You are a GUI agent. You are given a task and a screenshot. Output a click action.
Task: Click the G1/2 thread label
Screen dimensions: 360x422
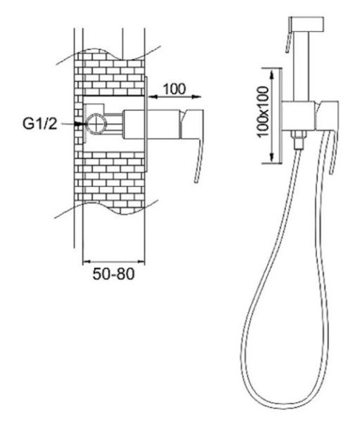tap(40, 124)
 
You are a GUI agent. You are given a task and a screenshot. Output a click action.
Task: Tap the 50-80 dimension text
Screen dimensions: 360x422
tap(113, 274)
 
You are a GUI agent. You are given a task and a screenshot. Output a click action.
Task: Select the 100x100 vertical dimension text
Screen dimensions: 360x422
tap(263, 111)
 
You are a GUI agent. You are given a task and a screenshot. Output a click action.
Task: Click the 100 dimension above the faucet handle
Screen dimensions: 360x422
tap(174, 89)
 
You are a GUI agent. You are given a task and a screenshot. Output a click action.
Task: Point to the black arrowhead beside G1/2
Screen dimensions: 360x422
tap(79, 124)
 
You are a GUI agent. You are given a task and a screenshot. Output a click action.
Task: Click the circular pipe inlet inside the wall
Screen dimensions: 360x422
tap(96, 124)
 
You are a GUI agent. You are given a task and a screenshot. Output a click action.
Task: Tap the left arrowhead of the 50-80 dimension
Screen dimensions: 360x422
tap(86, 261)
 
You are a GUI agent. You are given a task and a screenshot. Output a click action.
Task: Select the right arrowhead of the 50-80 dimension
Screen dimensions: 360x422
tap(141, 261)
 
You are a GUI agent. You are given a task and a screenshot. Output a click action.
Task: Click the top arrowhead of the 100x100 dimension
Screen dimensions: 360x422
tap(272, 74)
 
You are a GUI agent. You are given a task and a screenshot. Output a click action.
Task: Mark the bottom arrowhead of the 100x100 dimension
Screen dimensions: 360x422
tap(272, 158)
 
